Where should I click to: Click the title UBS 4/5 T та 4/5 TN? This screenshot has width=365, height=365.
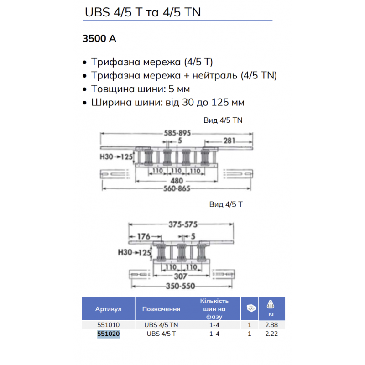143,12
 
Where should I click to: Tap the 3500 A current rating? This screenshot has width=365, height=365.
99,39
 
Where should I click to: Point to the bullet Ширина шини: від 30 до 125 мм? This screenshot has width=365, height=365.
167,102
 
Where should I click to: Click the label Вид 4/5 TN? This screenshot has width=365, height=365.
223,120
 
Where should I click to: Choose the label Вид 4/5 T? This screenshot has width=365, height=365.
226,204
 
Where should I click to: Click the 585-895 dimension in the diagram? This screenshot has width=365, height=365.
177,133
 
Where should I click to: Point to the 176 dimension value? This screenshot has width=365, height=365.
144,236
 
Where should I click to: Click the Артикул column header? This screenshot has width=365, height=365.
108,309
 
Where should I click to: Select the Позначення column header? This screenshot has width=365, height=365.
161,309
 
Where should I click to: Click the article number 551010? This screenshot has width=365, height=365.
108,326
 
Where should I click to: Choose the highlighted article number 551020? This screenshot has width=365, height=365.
108,334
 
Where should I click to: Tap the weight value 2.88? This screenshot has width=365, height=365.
271,326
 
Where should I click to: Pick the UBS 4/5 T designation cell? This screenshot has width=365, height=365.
161,334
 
